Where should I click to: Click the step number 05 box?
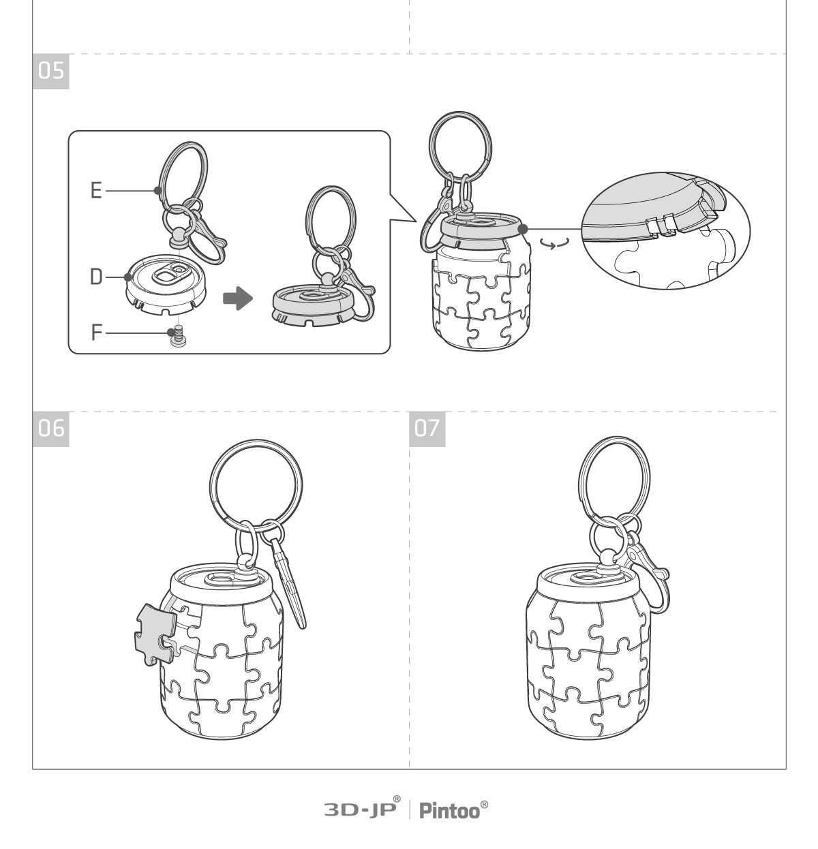(x=50, y=72)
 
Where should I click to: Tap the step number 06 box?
(x=50, y=429)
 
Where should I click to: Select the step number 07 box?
(x=427, y=429)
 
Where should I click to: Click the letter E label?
(x=96, y=191)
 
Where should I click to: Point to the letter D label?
(x=96, y=277)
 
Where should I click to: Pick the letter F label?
(x=97, y=332)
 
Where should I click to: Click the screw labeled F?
(x=178, y=336)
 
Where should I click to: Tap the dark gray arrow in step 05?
(x=238, y=298)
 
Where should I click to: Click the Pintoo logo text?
(x=453, y=811)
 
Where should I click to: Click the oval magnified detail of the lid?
(x=666, y=230)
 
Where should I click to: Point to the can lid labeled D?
(x=166, y=283)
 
